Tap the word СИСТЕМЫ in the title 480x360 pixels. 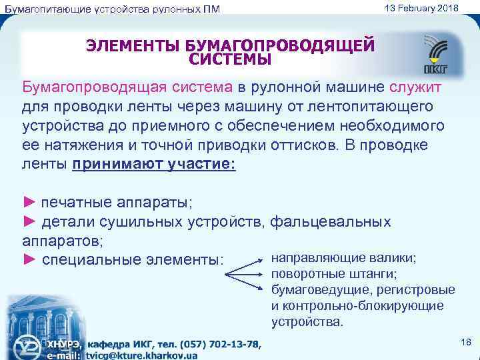[x=230, y=60]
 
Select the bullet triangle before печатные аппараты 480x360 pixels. [x=30, y=201]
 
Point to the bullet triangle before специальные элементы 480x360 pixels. [x=30, y=259]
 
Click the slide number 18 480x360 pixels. [x=465, y=342]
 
